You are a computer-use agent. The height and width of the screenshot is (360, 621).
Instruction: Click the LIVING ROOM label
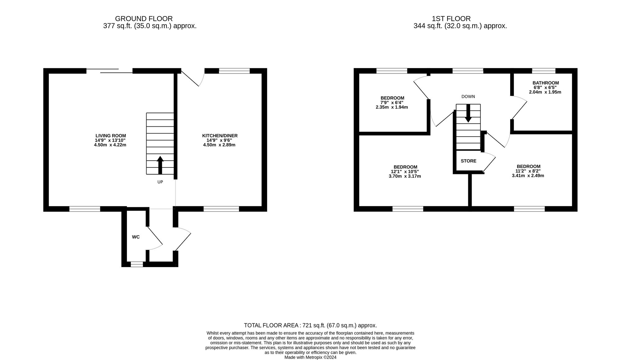[111, 136]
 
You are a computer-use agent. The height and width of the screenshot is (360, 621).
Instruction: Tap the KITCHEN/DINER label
[220, 136]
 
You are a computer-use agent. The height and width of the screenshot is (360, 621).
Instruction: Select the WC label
[136, 237]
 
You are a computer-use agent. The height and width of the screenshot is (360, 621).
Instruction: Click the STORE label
[469, 161]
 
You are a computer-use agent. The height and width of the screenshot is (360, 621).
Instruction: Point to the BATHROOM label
[546, 83]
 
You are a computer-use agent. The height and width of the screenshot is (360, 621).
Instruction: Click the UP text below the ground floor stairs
[160, 182]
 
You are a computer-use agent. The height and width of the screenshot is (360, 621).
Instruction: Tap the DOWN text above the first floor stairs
[468, 97]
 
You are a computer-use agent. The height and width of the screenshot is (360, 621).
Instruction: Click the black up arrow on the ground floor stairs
[160, 165]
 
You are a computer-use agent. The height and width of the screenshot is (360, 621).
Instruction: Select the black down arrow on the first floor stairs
[468, 113]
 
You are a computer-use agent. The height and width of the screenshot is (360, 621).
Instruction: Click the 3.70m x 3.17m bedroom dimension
[405, 176]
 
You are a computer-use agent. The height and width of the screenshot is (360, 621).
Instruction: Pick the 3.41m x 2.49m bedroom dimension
[528, 175]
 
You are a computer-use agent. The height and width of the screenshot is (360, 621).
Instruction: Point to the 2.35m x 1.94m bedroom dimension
[392, 107]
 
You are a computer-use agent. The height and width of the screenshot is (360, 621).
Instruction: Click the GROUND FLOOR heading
[144, 19]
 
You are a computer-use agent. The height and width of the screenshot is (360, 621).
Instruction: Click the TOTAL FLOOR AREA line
[310, 326]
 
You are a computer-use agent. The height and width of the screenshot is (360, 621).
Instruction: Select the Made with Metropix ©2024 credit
[310, 358]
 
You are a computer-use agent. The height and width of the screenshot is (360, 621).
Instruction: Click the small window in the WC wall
[137, 264]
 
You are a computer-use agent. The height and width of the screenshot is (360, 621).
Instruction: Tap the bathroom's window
[544, 71]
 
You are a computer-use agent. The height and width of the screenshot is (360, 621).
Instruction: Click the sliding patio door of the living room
[110, 71]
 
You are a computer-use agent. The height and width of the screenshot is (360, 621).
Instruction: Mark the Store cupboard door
[489, 162]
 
